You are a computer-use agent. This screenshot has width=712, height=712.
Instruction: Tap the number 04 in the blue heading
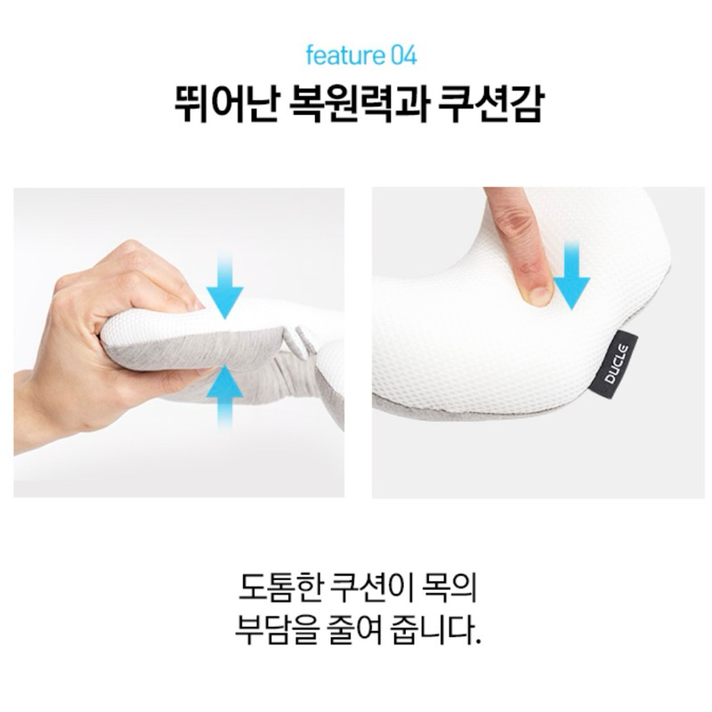tap(403, 56)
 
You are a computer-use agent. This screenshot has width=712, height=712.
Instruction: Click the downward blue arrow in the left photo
tap(225, 286)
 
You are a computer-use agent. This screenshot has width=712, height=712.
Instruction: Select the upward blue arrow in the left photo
tap(225, 398)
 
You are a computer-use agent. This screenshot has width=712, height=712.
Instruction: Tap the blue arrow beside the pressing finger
tap(571, 275)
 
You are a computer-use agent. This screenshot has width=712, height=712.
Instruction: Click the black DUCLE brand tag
tap(616, 364)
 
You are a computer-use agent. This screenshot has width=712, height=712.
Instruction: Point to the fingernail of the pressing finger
tap(540, 295)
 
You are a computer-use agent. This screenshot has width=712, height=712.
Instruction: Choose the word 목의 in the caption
tap(449, 588)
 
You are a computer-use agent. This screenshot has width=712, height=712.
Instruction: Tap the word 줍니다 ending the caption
tap(431, 631)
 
